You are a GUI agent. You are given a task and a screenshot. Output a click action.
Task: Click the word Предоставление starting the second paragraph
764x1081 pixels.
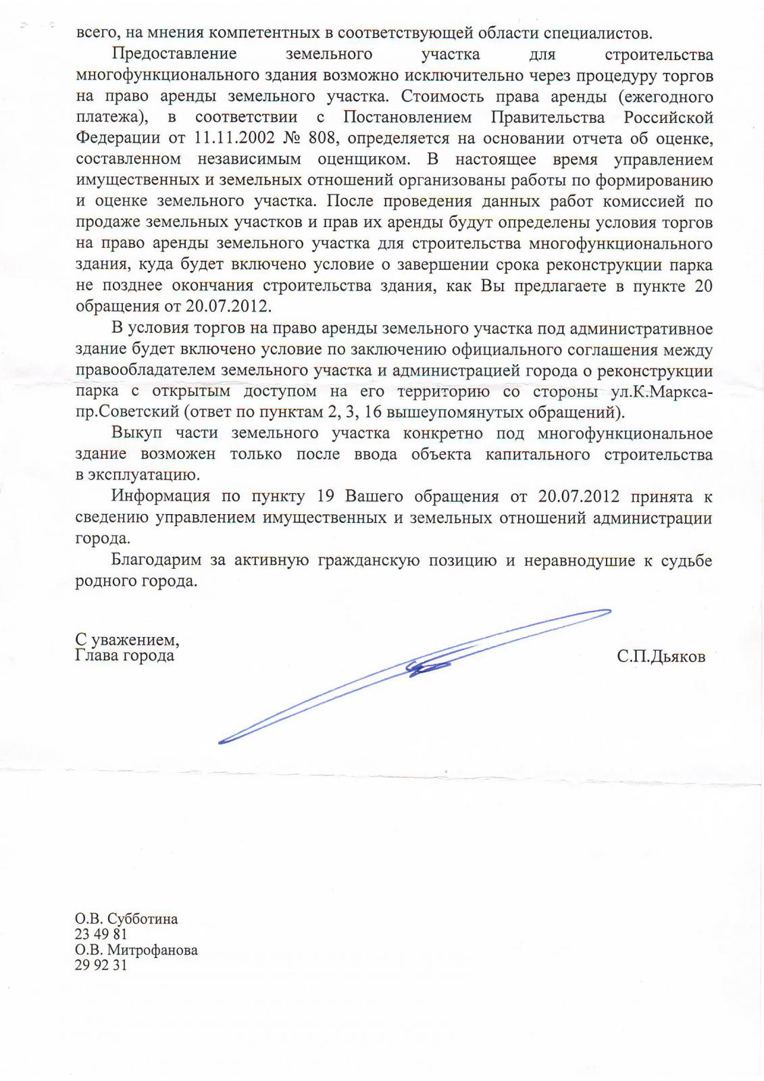click(174, 54)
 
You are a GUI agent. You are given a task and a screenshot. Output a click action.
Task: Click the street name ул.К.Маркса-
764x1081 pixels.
click(659, 392)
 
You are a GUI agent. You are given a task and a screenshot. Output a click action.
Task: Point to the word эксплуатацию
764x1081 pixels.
click(143, 475)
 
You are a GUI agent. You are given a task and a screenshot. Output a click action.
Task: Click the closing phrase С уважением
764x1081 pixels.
click(127, 639)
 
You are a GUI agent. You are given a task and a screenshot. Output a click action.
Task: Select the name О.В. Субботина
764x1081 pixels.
click(126, 919)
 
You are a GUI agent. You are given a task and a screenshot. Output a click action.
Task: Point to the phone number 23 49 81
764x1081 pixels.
click(101, 934)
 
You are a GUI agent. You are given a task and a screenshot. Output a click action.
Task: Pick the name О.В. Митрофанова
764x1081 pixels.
click(136, 950)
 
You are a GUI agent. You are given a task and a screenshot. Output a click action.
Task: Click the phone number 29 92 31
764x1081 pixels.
click(101, 965)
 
